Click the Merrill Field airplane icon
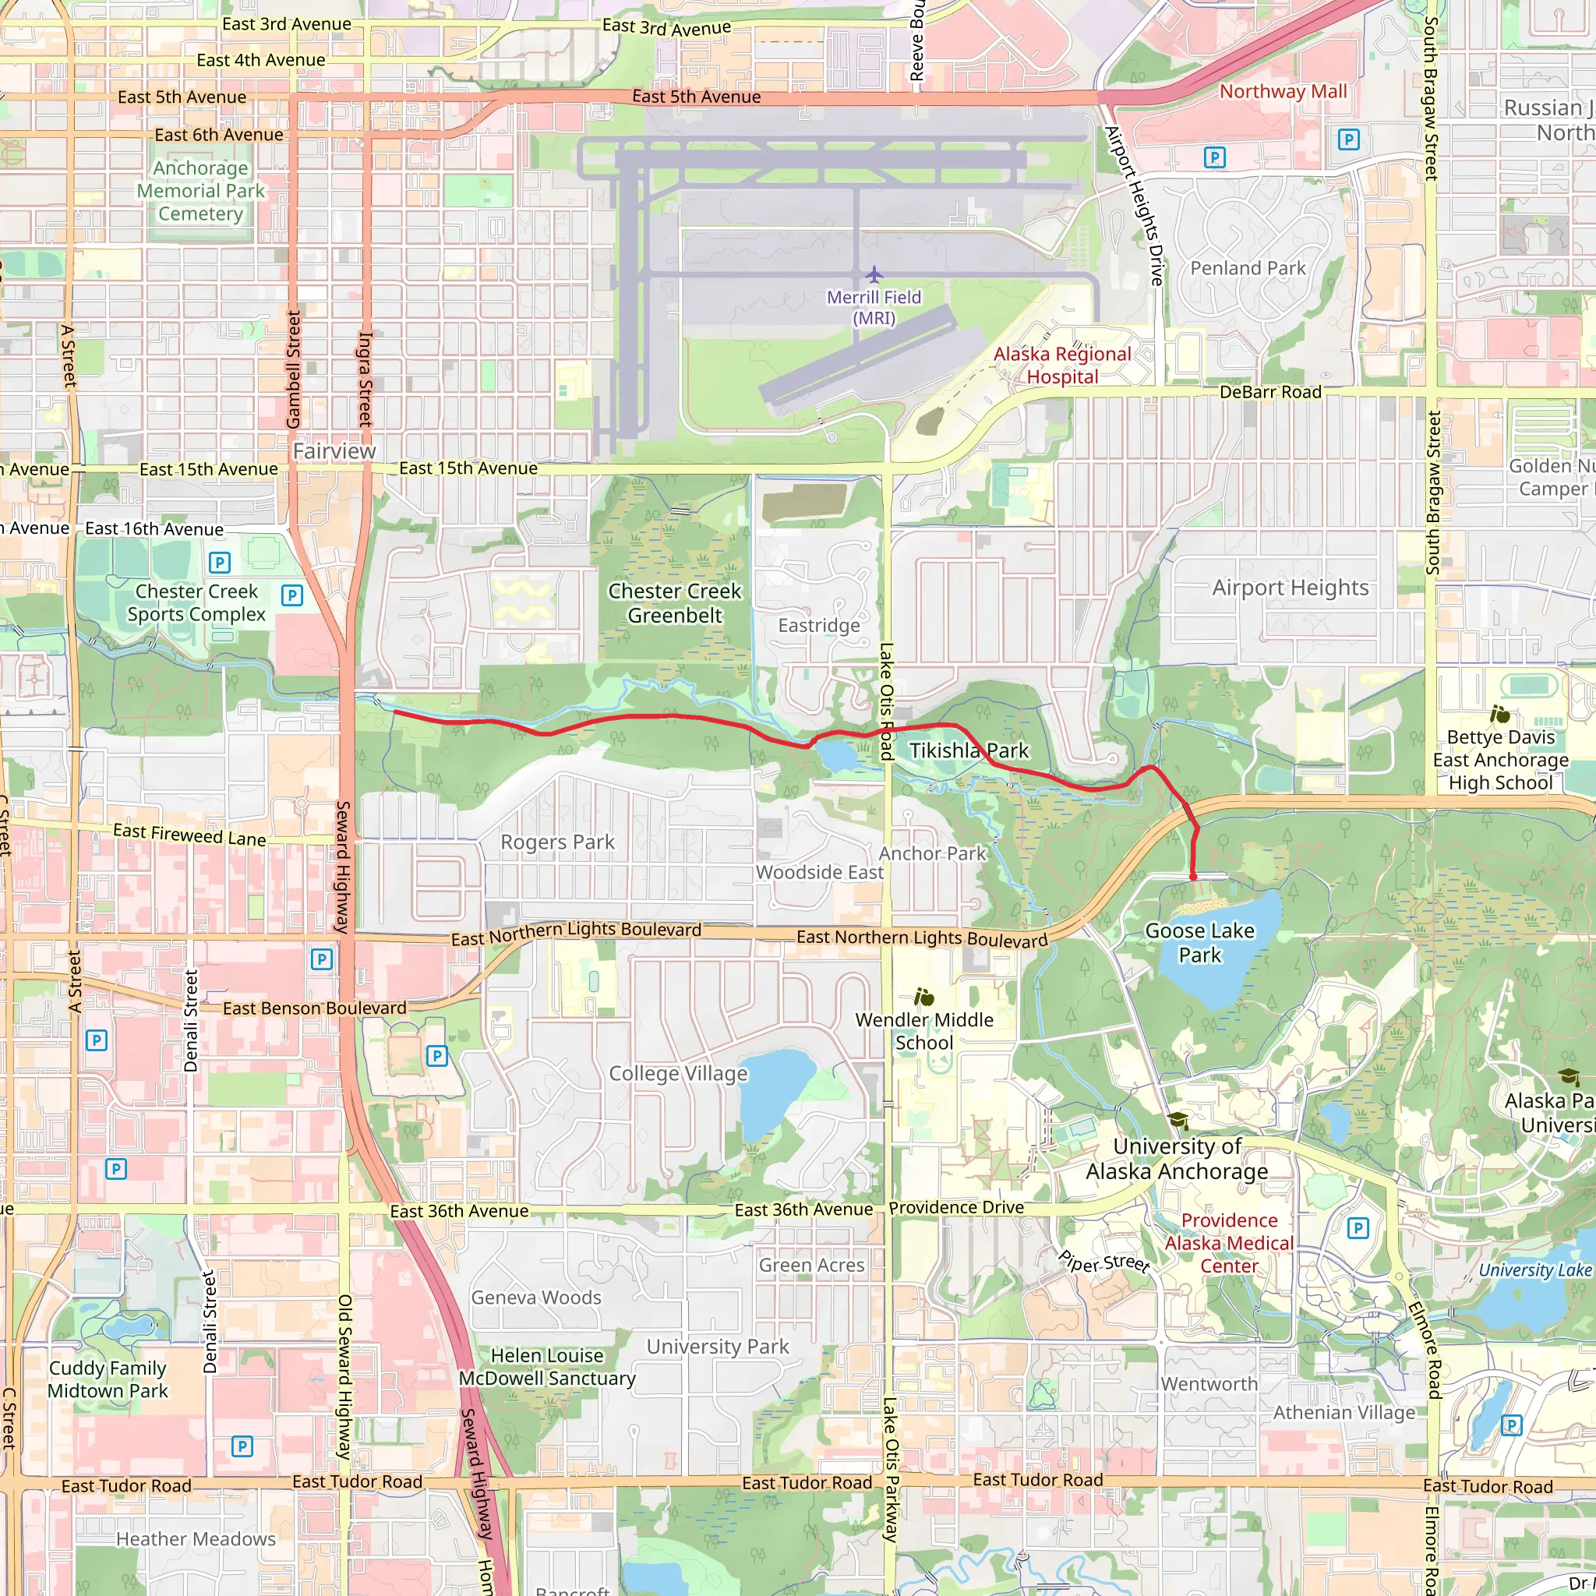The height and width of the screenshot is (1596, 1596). [x=874, y=274]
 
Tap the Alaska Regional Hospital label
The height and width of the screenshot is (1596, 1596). [x=1062, y=365]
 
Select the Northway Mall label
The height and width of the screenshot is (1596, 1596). [x=1283, y=92]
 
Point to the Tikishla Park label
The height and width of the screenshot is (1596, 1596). [x=969, y=750]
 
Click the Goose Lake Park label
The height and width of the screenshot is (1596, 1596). [x=1199, y=943]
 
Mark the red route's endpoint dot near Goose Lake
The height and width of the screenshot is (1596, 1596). [x=1193, y=877]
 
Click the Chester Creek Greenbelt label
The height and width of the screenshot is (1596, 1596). [x=675, y=603]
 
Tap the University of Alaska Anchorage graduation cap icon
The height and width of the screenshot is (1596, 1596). [x=1178, y=1121]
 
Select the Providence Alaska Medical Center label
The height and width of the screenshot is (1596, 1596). [x=1229, y=1243]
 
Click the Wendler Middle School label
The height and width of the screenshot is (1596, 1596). [x=924, y=1031]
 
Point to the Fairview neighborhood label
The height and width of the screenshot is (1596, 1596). [x=334, y=451]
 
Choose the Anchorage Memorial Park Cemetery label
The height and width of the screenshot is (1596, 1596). [x=201, y=191]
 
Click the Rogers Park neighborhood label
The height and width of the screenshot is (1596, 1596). [x=558, y=842]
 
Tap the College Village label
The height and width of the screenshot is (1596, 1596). [x=678, y=1074]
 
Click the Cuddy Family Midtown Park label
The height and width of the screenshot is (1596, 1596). [x=108, y=1379]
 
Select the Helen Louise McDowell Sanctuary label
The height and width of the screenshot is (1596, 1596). [x=547, y=1367]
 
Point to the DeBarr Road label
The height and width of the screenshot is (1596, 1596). [x=1270, y=393]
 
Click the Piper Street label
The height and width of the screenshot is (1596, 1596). [x=1103, y=1263]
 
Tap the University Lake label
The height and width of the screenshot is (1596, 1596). [x=1535, y=1270]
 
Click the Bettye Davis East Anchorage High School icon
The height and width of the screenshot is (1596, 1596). [x=1500, y=714]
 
